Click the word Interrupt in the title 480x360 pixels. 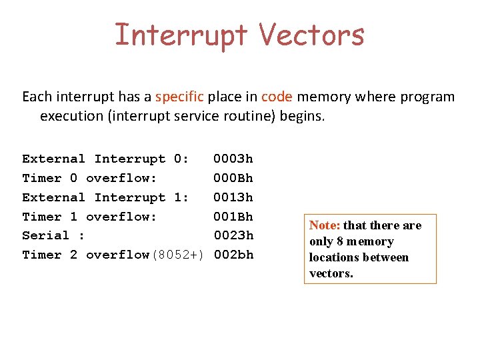click(181, 35)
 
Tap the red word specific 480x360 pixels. click(179, 97)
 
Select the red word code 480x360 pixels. click(277, 97)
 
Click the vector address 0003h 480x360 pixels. click(233, 159)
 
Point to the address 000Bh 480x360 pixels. click(233, 178)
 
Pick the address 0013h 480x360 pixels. click(233, 197)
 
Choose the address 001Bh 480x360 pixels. click(233, 217)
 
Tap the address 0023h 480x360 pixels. click(233, 235)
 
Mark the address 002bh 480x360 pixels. click(233, 255)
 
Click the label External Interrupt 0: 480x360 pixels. click(105, 159)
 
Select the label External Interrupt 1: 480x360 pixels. click(105, 197)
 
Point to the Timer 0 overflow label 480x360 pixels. click(89, 178)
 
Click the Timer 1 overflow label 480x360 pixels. click(89, 217)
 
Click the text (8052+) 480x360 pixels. click(177, 255)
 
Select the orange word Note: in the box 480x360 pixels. click(325, 225)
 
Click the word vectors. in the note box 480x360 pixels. click(331, 273)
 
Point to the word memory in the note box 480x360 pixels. click(370, 241)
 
